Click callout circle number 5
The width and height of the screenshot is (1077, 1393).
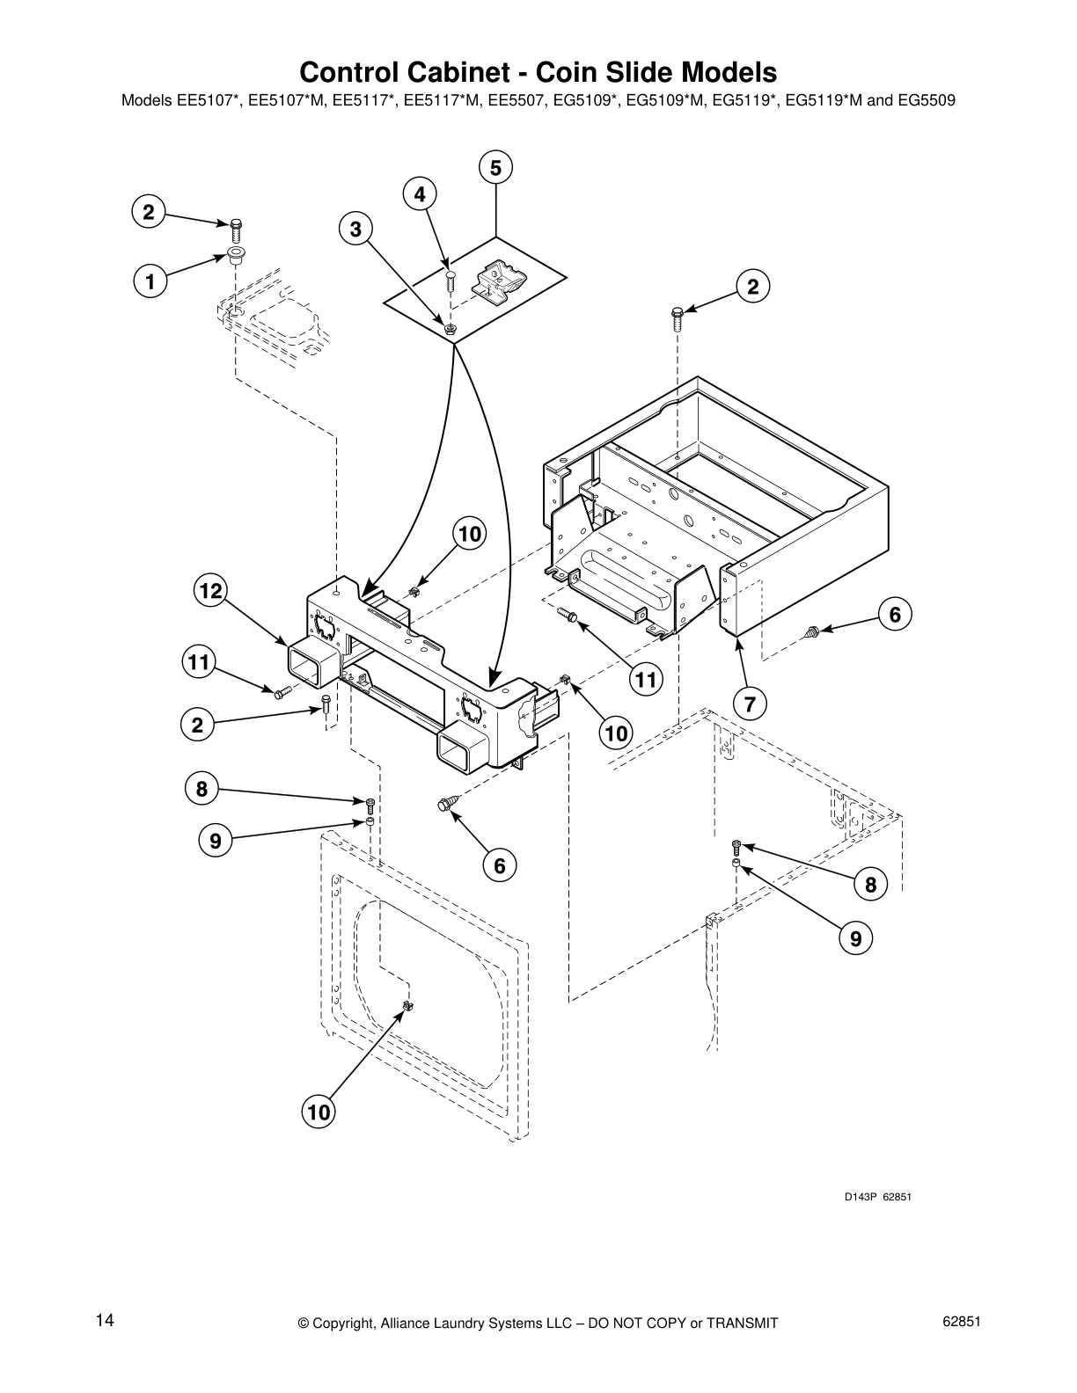pos(495,167)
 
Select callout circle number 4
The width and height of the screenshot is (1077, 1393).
pos(420,193)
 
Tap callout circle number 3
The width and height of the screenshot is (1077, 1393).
pos(355,230)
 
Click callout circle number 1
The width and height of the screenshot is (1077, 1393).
pos(150,282)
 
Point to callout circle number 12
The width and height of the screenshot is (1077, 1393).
pos(210,591)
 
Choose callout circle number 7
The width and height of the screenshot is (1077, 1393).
pos(750,704)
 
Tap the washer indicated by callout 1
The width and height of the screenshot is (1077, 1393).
pos(235,255)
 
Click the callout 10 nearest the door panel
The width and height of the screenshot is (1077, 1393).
pos(318,1112)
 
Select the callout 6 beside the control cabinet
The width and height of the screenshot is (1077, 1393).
pos(895,615)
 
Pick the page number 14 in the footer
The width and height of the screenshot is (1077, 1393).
pos(105,1321)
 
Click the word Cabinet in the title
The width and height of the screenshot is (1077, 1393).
pos(457,71)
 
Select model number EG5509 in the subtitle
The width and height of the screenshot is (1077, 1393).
pos(926,100)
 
